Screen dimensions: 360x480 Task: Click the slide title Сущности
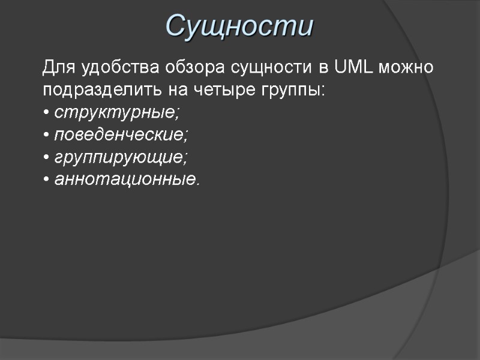coord(239,26)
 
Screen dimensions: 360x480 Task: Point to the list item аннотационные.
coord(125,179)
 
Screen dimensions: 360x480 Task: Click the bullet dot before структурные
coord(46,113)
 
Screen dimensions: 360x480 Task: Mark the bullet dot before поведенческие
coord(46,135)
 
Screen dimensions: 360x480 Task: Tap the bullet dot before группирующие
coord(46,157)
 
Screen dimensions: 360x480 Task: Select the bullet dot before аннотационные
coord(46,179)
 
